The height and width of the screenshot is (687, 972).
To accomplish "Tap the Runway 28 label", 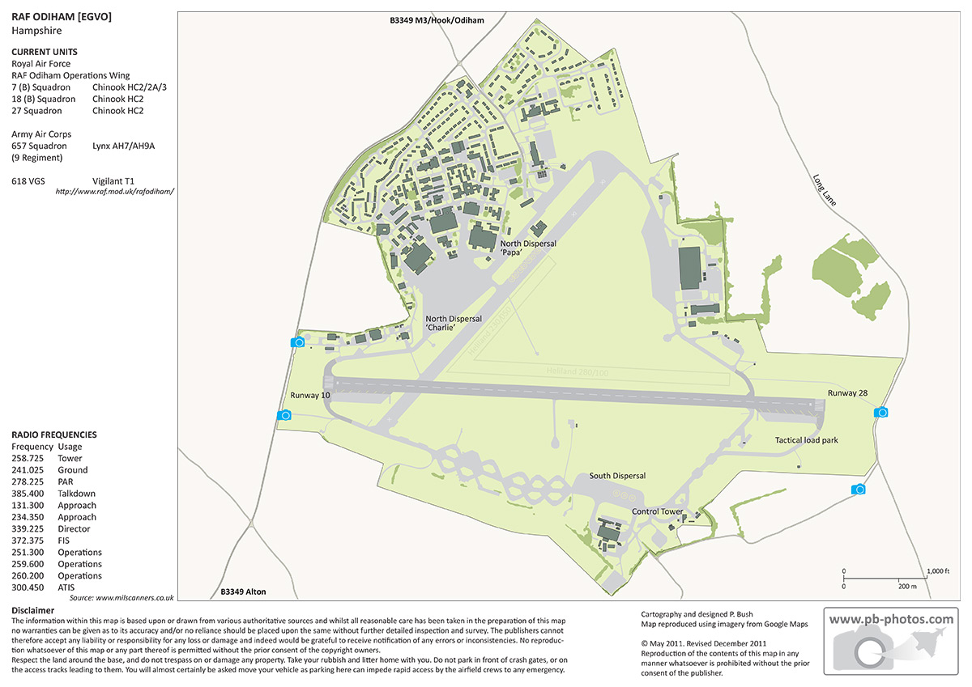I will tap(847, 393).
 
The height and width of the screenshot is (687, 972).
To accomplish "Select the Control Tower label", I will tap(658, 511).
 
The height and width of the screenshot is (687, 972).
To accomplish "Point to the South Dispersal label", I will tap(617, 476).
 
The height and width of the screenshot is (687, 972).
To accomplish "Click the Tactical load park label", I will tap(806, 440).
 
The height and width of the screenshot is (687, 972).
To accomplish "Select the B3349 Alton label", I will tap(243, 592).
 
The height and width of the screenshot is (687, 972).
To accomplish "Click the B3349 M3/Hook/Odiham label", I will tap(436, 19).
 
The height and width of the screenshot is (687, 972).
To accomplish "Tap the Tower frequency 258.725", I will tap(28, 458).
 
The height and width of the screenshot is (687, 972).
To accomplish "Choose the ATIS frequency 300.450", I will tap(28, 587).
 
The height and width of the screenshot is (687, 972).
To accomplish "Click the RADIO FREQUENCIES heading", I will tap(54, 435).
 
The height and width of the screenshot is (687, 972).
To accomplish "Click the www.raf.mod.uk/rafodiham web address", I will tap(115, 192).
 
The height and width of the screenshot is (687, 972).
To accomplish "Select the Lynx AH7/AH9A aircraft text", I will tap(123, 146).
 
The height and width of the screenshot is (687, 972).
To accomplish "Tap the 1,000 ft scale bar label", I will tap(936, 571).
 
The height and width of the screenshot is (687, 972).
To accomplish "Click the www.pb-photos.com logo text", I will tap(891, 619).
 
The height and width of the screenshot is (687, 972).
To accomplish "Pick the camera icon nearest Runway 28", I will tap(881, 413).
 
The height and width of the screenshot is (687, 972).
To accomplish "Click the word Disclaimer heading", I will tap(33, 610).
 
